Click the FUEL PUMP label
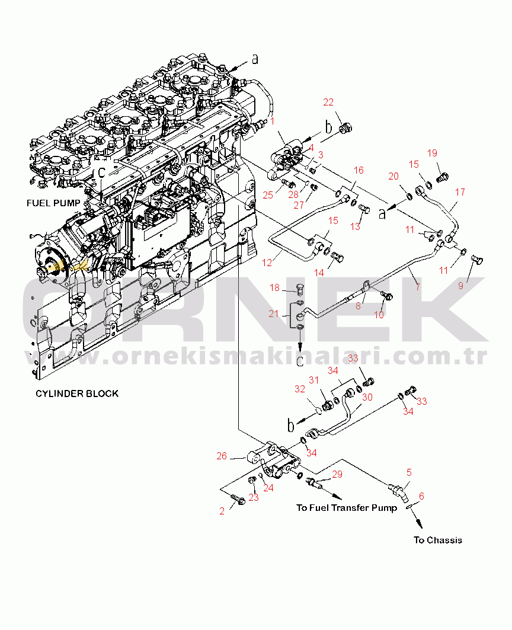tap(53, 203)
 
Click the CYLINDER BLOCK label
tap(76, 394)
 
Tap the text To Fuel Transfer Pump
tap(347, 508)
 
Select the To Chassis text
tap(438, 540)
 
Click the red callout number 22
tap(329, 103)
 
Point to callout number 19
tap(432, 153)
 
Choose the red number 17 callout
tap(460, 192)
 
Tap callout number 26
tap(222, 456)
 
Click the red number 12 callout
tap(268, 261)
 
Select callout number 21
tap(273, 314)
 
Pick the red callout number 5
tap(409, 472)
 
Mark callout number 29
tap(337, 474)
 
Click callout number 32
tap(300, 389)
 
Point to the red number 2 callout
tap(222, 511)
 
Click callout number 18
tap(274, 287)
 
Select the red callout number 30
tap(367, 397)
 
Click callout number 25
tap(268, 195)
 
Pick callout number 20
tap(394, 176)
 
